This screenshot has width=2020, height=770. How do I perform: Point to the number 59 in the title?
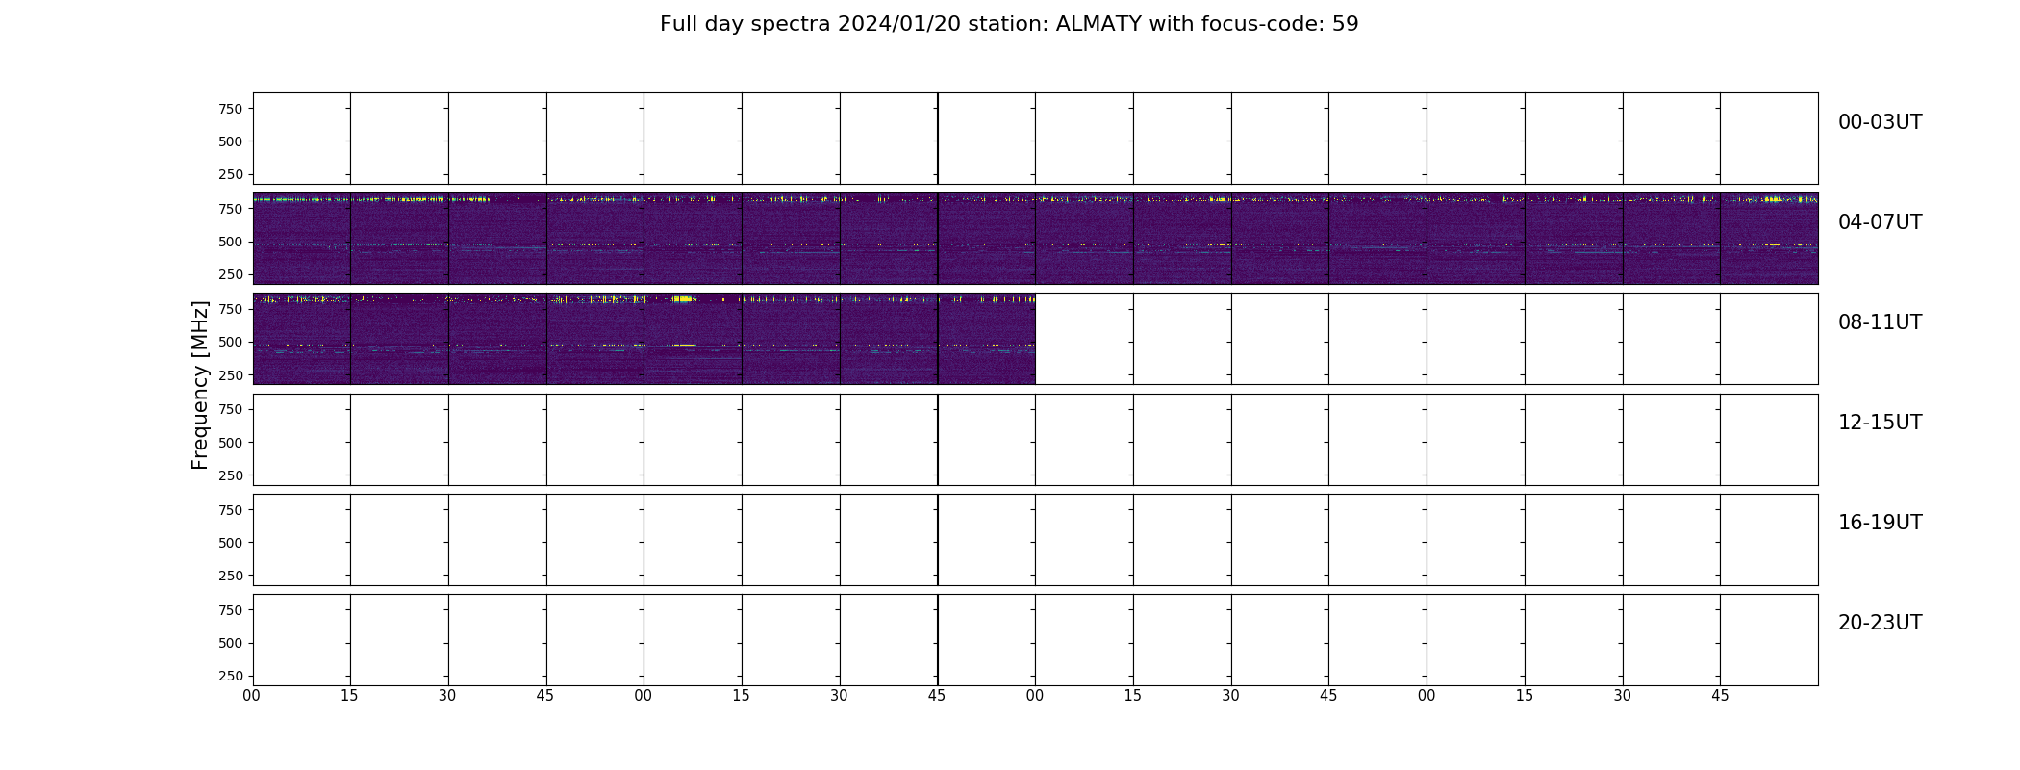click(1346, 24)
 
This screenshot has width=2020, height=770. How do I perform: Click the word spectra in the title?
click(793, 25)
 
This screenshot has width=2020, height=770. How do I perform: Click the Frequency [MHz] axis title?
click(200, 385)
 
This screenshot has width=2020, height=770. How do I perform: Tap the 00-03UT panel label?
click(1880, 122)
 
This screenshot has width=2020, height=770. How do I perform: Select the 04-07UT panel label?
click(1880, 222)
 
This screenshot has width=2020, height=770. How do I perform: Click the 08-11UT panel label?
click(1880, 322)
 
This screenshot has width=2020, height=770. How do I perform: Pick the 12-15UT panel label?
click(1880, 423)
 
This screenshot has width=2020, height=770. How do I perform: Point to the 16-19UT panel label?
click(1880, 523)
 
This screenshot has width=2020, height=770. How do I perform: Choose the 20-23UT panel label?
click(1880, 623)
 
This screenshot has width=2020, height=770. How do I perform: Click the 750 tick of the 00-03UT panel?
click(230, 109)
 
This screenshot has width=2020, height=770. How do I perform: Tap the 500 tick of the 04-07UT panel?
click(230, 242)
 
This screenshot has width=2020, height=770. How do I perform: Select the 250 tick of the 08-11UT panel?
click(230, 374)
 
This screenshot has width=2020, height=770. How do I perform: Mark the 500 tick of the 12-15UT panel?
click(230, 443)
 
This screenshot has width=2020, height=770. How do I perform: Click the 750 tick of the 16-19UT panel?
click(230, 510)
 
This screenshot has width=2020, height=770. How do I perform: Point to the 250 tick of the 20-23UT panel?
click(230, 676)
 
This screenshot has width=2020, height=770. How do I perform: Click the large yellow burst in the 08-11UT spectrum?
click(684, 299)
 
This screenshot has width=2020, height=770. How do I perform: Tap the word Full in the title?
click(677, 24)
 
